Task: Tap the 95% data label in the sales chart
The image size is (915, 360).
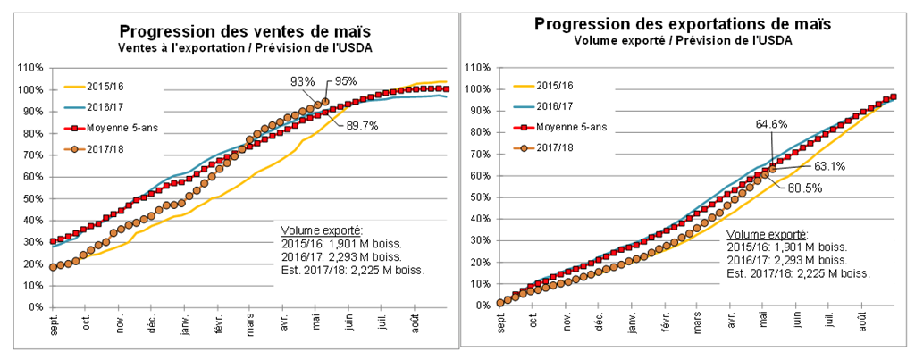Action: pos(347,81)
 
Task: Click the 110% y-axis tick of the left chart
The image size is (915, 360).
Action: pos(30,68)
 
